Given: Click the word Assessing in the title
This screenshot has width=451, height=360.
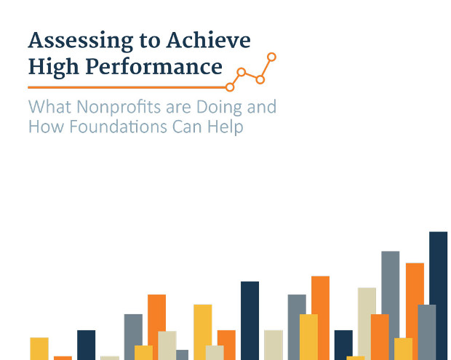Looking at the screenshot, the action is tap(81, 41).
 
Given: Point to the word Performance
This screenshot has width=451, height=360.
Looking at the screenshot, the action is tap(154, 66).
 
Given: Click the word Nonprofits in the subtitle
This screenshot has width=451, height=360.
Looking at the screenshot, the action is tap(119, 107).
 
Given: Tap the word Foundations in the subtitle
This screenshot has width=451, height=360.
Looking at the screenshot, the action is tap(119, 127).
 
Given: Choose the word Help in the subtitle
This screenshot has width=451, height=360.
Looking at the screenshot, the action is tap(225, 127).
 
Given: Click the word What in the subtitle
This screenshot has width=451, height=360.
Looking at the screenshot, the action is tap(50, 106).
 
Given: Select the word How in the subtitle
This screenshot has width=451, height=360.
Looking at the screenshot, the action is tap(46, 127).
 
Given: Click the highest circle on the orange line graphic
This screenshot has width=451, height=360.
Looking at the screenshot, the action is tap(271, 57).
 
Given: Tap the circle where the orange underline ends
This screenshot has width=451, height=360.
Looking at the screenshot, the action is tap(230, 87).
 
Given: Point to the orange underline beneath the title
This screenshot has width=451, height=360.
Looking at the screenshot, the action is tap(127, 87).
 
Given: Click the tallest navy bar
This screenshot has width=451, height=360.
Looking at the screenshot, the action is tap(439, 296).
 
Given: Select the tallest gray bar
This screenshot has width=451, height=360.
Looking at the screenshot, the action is tap(391, 305).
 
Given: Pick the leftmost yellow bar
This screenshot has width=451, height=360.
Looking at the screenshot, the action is tap(39, 349).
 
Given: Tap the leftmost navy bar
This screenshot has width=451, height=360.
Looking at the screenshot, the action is tap(87, 345).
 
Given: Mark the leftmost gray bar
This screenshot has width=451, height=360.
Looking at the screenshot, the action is tap(133, 337).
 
